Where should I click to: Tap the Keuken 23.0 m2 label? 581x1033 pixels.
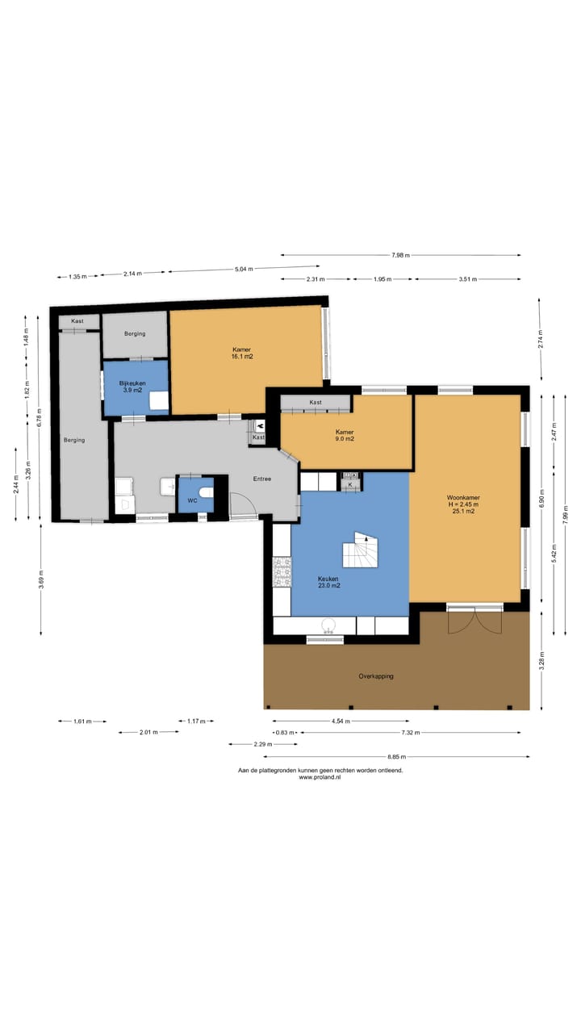(328, 582)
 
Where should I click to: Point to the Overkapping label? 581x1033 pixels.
(376, 676)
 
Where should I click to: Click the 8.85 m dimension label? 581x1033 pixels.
(396, 757)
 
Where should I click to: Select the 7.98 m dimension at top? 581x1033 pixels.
(401, 255)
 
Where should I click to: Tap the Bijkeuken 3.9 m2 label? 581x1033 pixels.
(132, 387)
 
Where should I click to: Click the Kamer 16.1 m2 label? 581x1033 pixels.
(242, 353)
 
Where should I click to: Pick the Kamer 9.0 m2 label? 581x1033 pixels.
(345, 435)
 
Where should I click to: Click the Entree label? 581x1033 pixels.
(262, 479)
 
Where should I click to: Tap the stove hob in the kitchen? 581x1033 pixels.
(282, 572)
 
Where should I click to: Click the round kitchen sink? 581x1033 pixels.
(328, 625)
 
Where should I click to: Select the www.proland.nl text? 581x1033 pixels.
(320, 777)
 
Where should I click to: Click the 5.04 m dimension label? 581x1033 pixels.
(244, 269)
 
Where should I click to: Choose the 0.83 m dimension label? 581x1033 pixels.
(285, 732)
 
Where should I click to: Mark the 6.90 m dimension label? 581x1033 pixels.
(541, 498)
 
